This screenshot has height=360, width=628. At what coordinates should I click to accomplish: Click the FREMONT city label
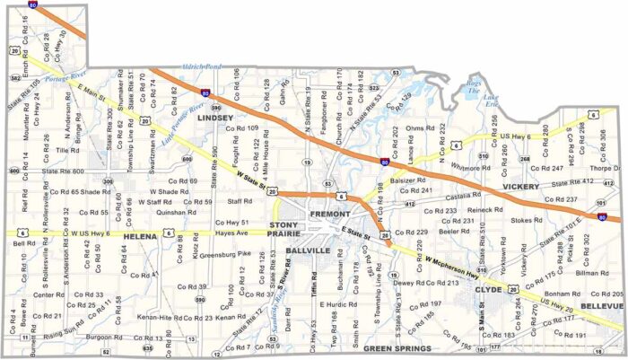[329, 215]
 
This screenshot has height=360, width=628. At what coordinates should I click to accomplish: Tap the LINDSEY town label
[214, 118]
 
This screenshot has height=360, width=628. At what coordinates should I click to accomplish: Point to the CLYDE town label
[488, 291]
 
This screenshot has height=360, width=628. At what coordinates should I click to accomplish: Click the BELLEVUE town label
[602, 306]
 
